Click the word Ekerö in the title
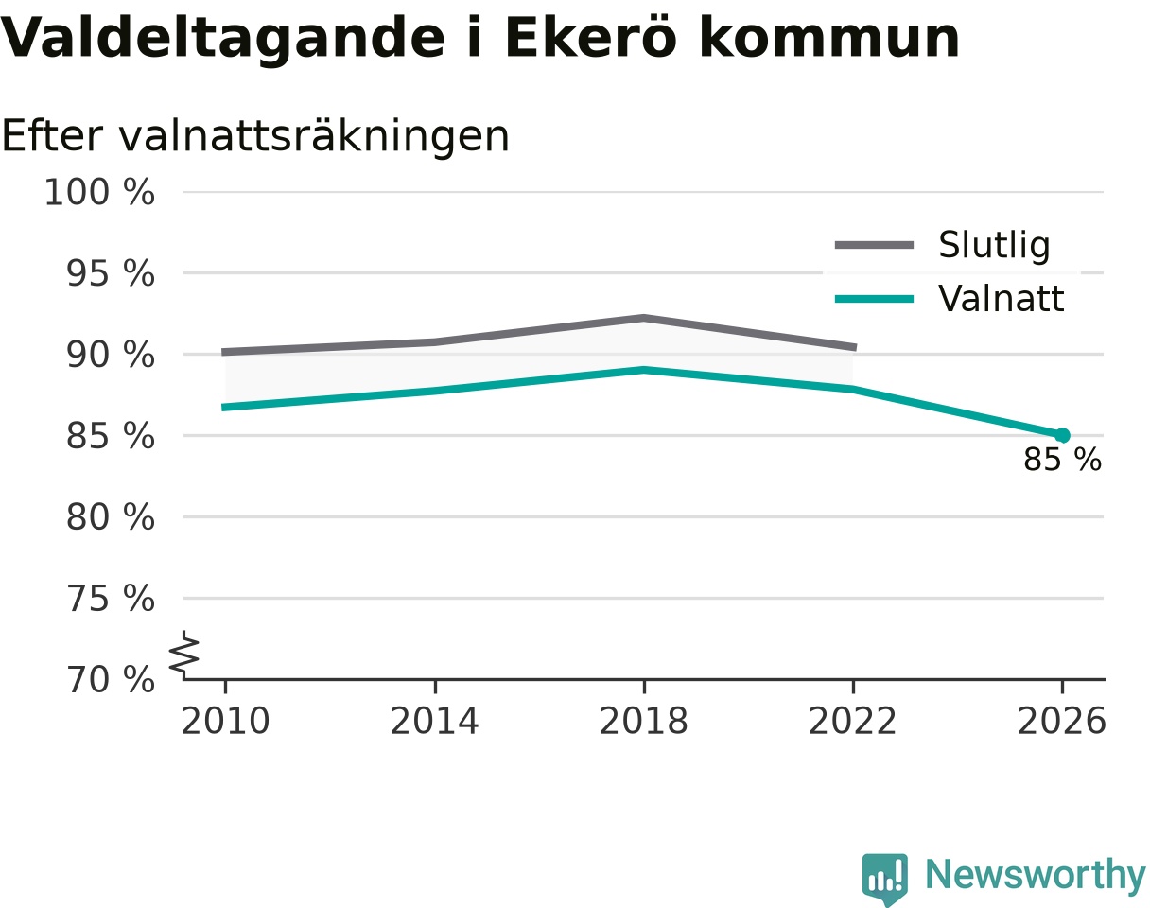click(591, 38)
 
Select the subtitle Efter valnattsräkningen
click(255, 136)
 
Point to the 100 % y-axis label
click(99, 192)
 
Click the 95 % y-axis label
click(110, 273)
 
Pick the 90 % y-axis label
click(110, 355)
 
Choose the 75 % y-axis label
click(110, 598)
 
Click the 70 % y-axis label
click(110, 680)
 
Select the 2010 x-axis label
click(225, 722)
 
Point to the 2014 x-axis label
click(434, 722)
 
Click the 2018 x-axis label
click(643, 722)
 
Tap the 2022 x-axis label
click(852, 722)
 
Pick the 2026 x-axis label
click(1061, 722)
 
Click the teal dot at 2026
click(1062, 436)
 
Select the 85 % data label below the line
click(1062, 459)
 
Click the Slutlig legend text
click(994, 245)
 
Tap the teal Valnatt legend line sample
click(874, 299)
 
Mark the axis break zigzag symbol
click(184, 652)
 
